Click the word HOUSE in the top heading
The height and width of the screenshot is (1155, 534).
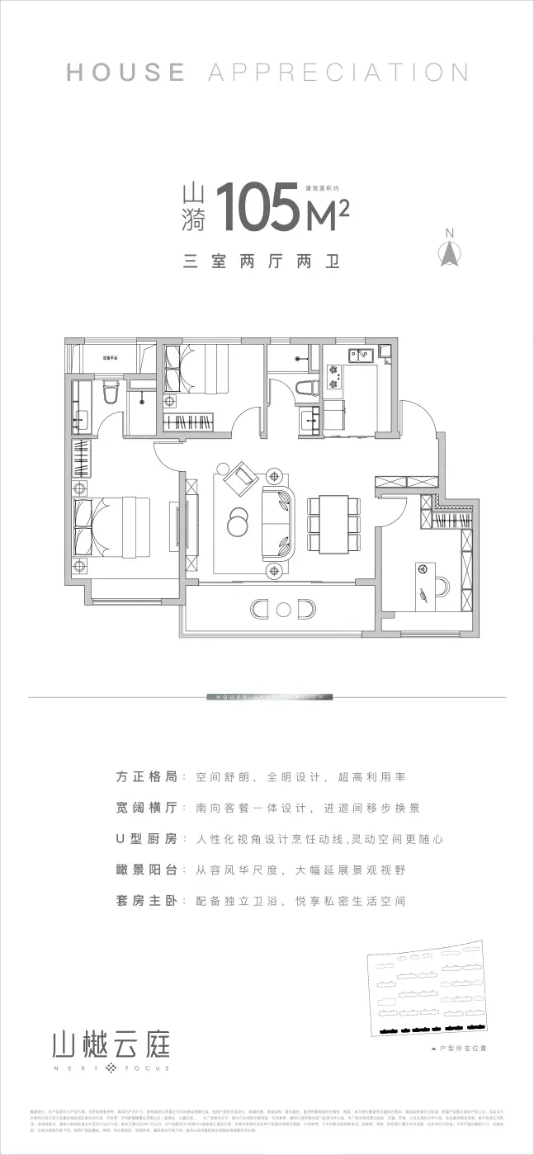(x=125, y=72)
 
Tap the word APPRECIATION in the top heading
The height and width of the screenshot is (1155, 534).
(x=338, y=72)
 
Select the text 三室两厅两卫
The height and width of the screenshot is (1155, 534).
(x=262, y=262)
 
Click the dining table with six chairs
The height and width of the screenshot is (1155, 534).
(x=333, y=525)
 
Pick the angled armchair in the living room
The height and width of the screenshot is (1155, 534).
(x=243, y=477)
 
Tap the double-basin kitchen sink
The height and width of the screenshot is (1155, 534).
(x=361, y=357)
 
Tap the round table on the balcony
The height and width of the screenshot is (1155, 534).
(x=283, y=610)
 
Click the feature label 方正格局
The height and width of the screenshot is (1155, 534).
(x=147, y=777)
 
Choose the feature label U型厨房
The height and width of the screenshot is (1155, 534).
(x=147, y=839)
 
